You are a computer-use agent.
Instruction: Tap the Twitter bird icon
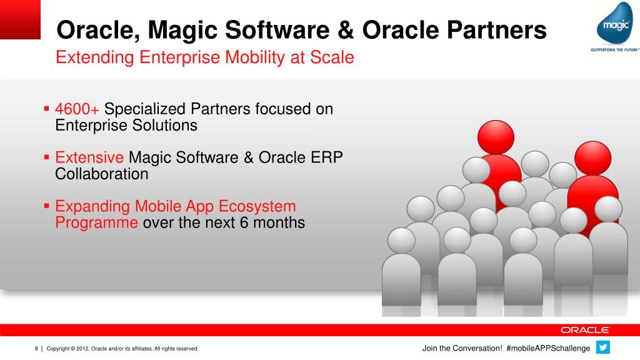[603, 347]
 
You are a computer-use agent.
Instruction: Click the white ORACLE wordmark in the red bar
[585, 330]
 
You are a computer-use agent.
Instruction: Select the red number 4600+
[77, 109]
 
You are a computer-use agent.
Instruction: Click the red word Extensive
[89, 157]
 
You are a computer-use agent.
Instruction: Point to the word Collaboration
[102, 174]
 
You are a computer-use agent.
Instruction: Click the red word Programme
[96, 223]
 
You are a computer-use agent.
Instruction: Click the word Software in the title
[277, 30]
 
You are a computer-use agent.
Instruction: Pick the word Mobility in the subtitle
[255, 57]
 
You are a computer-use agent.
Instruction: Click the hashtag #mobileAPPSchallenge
[548, 348]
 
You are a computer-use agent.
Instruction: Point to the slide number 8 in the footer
[36, 348]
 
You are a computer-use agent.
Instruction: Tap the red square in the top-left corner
[20, 19]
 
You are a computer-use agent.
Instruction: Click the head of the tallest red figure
[496, 137]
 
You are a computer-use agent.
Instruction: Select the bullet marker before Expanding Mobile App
[46, 206]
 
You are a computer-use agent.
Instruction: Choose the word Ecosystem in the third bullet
[257, 206]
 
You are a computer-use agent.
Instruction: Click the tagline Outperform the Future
[615, 50]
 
